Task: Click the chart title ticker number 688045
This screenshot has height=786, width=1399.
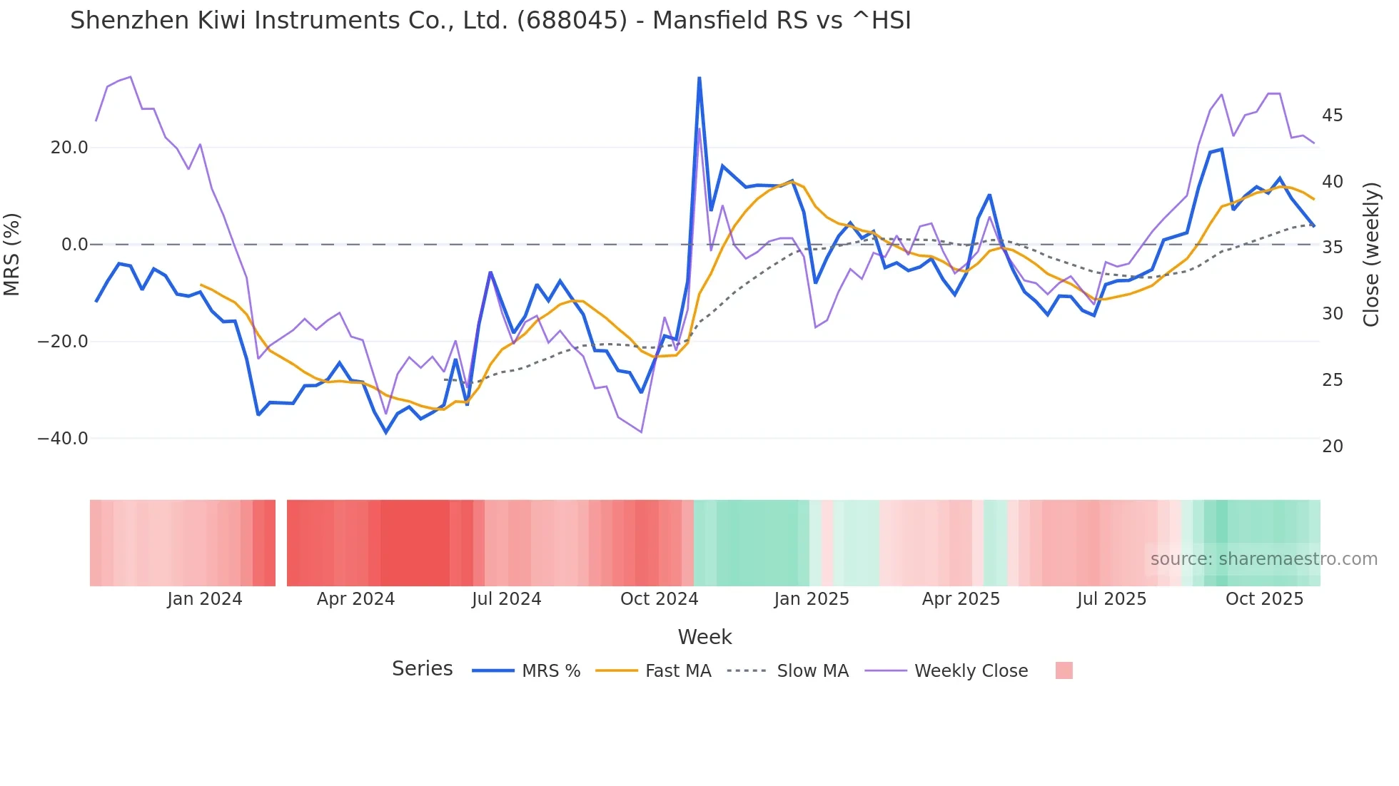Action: tap(571, 21)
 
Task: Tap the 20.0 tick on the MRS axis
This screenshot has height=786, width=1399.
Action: tap(69, 148)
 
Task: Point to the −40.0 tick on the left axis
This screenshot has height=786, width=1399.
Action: tap(63, 439)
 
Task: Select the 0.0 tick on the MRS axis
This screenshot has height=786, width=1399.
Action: tap(75, 245)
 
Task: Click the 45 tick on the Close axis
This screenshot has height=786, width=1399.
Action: tap(1332, 116)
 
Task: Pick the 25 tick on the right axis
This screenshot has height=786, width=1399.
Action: tap(1332, 380)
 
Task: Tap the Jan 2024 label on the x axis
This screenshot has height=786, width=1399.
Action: tap(205, 599)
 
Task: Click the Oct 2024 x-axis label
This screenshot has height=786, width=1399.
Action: tap(659, 599)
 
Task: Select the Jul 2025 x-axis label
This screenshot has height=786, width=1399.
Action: tap(1111, 599)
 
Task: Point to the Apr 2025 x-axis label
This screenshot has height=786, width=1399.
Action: tap(961, 599)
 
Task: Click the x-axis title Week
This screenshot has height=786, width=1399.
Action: tap(704, 637)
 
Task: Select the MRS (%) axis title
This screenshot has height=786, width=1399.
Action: tap(12, 254)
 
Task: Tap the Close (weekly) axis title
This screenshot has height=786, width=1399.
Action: tap(1371, 255)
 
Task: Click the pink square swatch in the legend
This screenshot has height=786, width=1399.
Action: tap(1064, 670)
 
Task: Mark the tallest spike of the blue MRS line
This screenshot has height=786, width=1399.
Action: tap(699, 78)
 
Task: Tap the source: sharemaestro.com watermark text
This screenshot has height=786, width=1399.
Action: tap(1263, 559)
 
